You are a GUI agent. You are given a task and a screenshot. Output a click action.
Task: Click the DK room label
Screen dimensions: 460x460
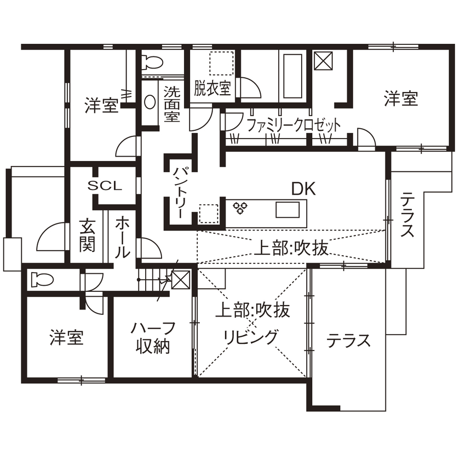[x=303, y=189]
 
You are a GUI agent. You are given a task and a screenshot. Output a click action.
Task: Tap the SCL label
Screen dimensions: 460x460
[x=105, y=186]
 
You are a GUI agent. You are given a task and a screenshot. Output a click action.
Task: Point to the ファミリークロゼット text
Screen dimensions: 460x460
[x=290, y=125]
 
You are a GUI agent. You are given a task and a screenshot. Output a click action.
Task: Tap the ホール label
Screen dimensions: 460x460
[x=122, y=237]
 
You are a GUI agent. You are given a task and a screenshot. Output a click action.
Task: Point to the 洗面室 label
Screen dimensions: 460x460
[x=171, y=104]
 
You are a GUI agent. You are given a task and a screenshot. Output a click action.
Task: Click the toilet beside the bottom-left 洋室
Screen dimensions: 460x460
[x=41, y=279]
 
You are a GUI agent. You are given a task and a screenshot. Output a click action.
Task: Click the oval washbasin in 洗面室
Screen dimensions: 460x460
[x=150, y=102]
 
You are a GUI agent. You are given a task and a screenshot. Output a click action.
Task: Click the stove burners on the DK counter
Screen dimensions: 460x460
[x=240, y=208]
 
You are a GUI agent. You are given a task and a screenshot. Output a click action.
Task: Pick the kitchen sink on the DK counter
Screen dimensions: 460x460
[x=287, y=209]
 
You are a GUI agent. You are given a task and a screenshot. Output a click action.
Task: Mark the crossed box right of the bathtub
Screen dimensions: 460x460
[x=323, y=60]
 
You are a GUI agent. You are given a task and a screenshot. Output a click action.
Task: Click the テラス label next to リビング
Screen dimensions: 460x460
[x=348, y=341]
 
